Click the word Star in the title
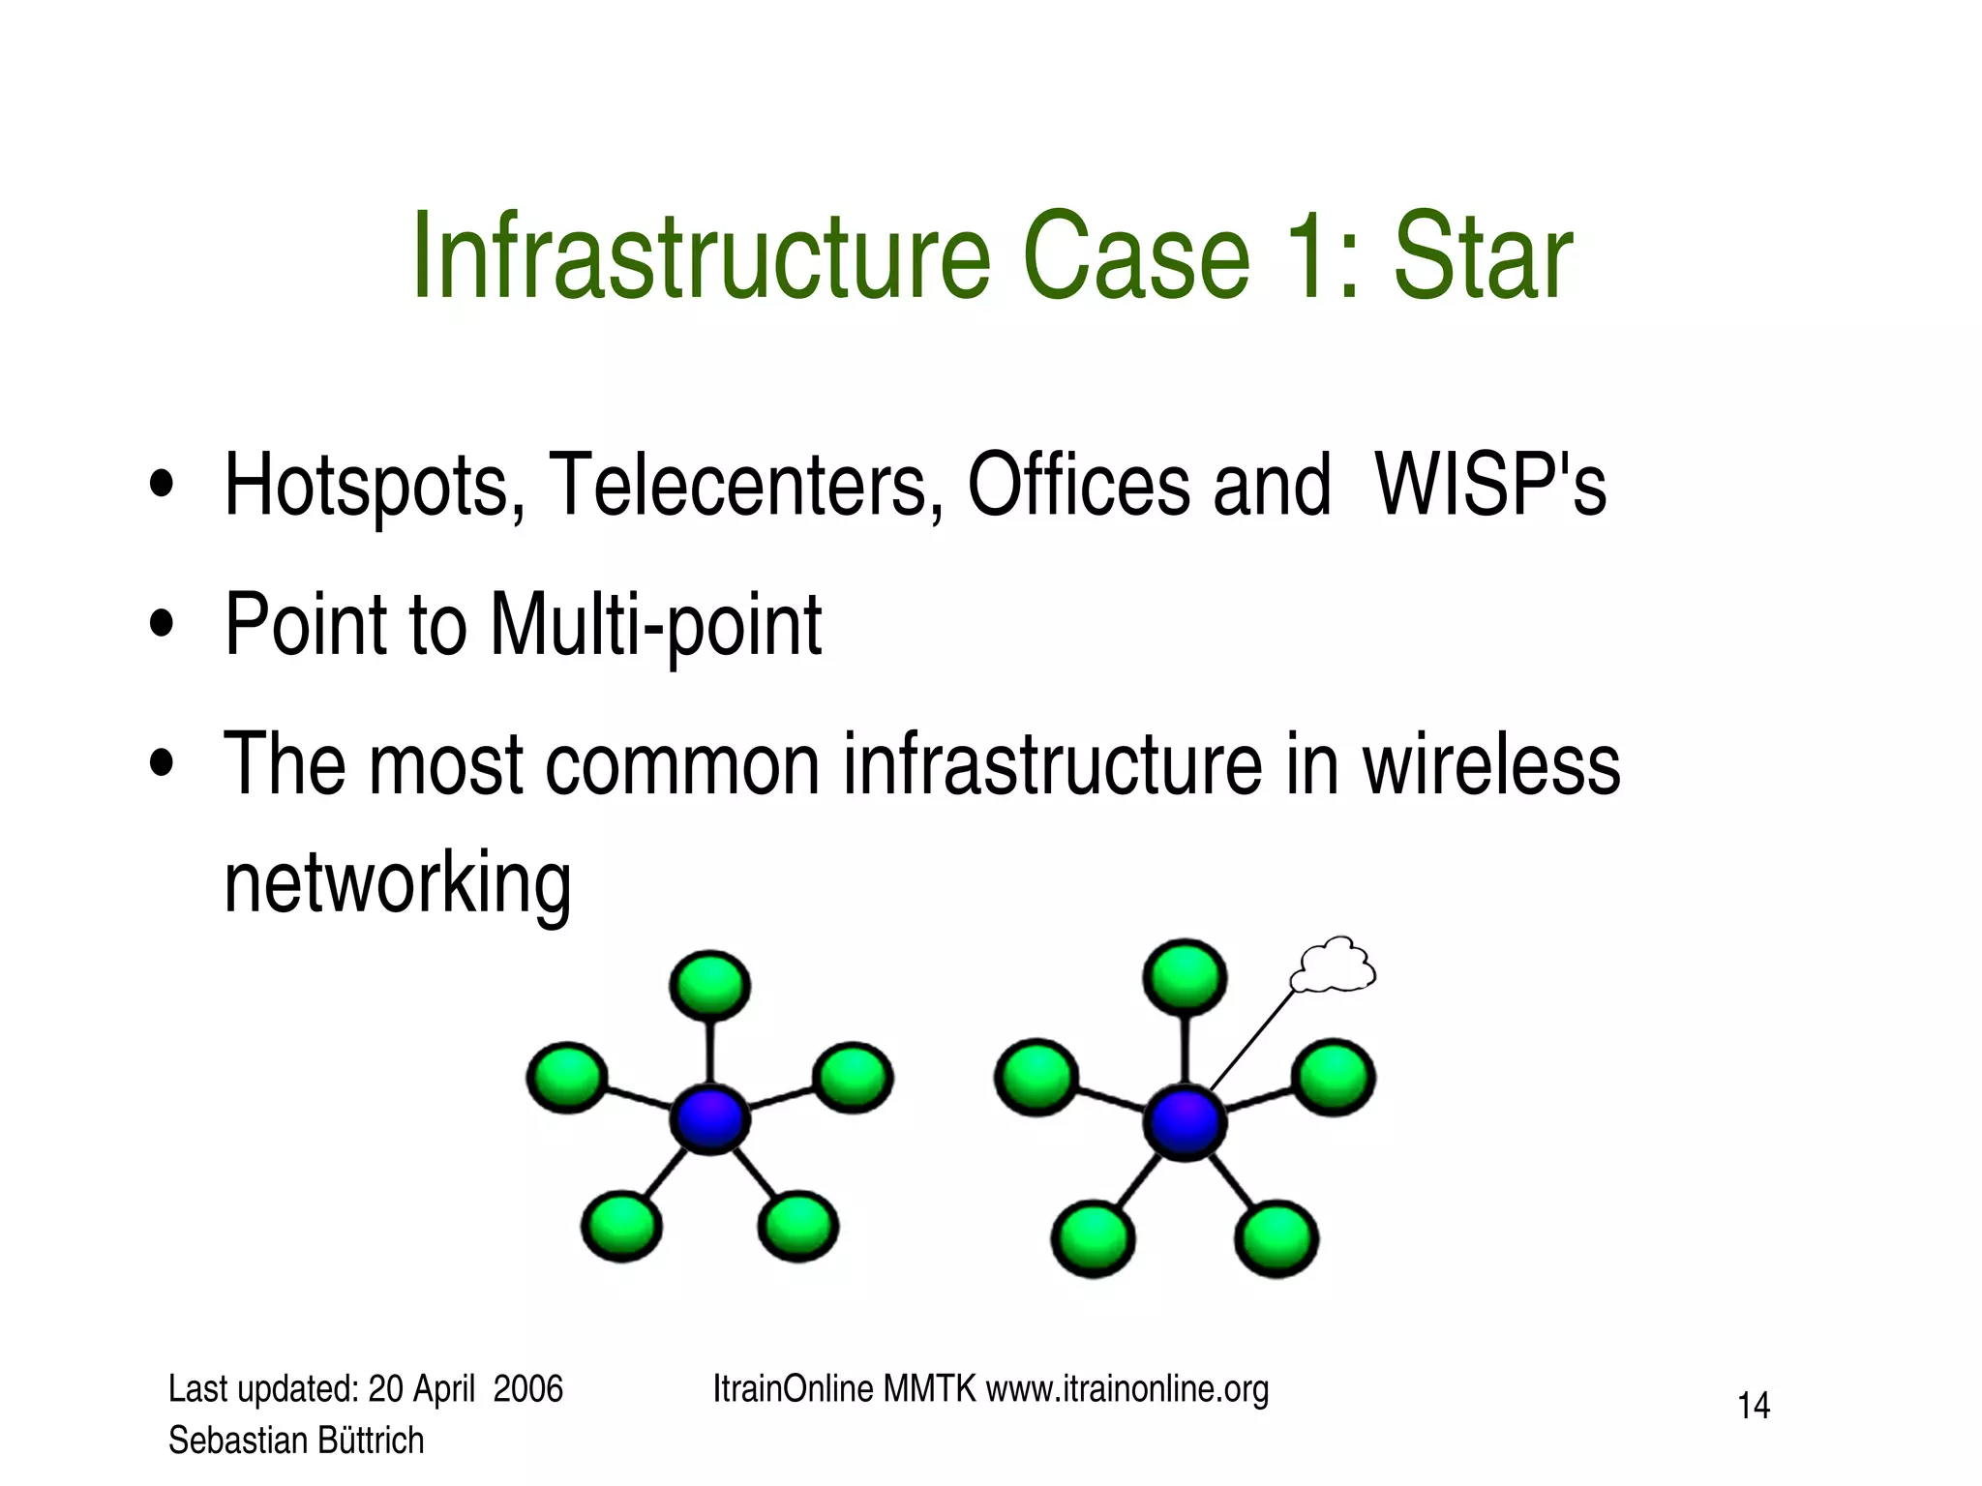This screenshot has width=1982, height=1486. click(x=1482, y=256)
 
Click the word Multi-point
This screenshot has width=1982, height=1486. click(x=656, y=626)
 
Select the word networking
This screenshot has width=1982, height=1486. click(x=398, y=882)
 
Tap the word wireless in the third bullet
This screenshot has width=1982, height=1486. click(x=1491, y=764)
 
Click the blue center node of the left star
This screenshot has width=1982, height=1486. click(x=710, y=1119)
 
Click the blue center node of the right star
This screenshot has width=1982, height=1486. click(x=1185, y=1122)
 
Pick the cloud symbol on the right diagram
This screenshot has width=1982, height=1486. click(x=1335, y=966)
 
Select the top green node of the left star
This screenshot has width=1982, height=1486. click(x=710, y=985)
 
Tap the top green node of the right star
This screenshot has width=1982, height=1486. click(x=1185, y=976)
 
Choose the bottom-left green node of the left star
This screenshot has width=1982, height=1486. click(x=621, y=1227)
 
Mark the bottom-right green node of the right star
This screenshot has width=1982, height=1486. click(x=1276, y=1238)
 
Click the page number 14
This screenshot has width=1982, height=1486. click(x=1754, y=1406)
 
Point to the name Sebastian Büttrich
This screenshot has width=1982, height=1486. click(x=296, y=1441)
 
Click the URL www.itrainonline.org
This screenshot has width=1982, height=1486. click(x=1126, y=1389)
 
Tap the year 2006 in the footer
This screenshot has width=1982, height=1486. click(x=527, y=1389)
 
